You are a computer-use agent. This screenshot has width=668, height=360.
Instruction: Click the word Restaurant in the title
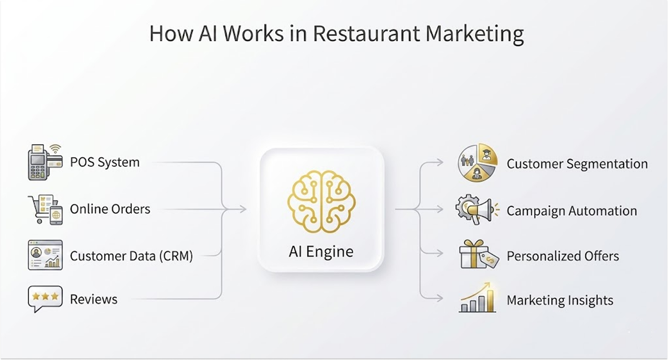pos(366,33)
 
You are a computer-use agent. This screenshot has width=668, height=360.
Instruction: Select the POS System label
pos(105,162)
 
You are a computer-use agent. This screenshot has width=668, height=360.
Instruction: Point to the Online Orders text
pos(110,209)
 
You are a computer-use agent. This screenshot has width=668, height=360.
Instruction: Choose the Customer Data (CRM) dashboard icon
pos(45,255)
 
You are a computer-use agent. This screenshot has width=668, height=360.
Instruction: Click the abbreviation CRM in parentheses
pos(176,256)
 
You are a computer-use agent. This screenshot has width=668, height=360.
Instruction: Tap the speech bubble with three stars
pos(45,298)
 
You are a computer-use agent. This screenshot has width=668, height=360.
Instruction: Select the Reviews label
pos(94,299)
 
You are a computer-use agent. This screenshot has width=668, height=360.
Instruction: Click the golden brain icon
pos(321,201)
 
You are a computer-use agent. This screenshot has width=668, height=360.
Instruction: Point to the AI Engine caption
pos(321,251)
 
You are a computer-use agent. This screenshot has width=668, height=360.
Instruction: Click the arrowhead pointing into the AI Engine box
pos(243,209)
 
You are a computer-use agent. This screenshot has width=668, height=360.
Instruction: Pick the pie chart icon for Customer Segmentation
pos(478,162)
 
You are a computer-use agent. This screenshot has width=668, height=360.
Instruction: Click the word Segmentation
pos(607,164)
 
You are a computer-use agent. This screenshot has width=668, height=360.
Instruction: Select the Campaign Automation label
pos(571,211)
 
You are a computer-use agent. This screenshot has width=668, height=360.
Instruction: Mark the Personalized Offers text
pos(563,256)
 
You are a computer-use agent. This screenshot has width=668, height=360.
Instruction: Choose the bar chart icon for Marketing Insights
pos(478,298)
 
